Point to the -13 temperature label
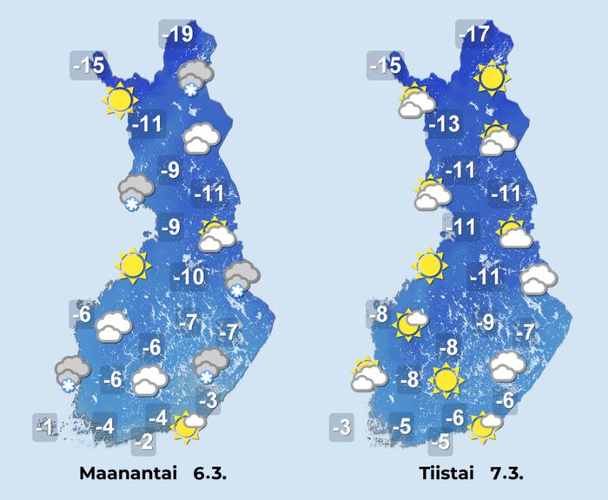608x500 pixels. tap(443, 124)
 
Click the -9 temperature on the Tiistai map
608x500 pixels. tap(486, 323)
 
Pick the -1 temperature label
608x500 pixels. tap(46, 426)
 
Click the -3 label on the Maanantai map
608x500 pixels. tap(208, 400)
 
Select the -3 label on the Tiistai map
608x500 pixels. tap(341, 426)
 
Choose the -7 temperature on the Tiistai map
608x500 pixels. tap(524, 332)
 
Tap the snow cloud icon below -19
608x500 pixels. tap(193, 77)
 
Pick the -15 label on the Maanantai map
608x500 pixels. tap(89, 64)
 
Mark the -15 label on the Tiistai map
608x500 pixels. tap(385, 64)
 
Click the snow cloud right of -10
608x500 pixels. tap(239, 277)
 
